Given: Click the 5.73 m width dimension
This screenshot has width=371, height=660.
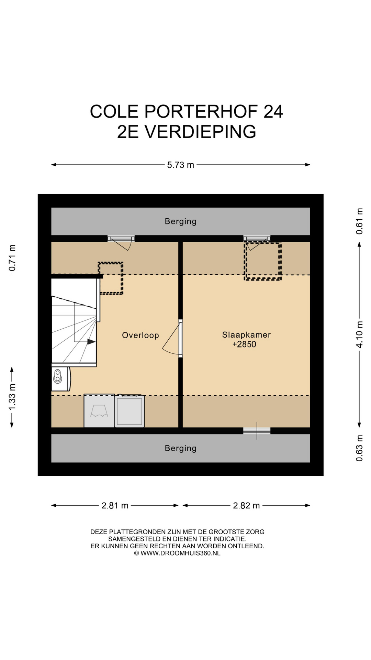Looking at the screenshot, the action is tap(181, 165).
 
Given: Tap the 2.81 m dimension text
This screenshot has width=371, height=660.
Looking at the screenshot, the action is tap(115, 506).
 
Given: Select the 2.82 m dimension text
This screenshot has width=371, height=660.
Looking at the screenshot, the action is tap(246, 506).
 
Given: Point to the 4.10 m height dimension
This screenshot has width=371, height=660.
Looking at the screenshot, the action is tap(359, 334).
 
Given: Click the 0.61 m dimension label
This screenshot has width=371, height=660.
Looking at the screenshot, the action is tap(359, 221).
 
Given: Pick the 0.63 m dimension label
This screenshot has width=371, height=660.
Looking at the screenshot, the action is tap(359, 448).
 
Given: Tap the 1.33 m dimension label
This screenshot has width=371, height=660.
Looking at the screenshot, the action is tap(12, 397).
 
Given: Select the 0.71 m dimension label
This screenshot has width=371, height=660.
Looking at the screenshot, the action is tap(12, 258).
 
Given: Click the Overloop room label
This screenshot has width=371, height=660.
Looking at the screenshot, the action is tap(140, 335).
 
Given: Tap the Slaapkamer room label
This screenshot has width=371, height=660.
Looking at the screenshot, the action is tap(246, 334).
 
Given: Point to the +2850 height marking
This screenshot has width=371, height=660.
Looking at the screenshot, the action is tap(244, 344).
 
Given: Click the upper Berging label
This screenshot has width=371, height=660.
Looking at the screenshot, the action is tap(181, 221).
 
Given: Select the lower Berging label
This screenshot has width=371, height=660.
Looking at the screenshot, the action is tap(181, 448).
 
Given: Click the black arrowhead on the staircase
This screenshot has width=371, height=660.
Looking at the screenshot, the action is tap(91, 342).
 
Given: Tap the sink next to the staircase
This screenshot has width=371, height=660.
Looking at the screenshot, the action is tap(60, 379).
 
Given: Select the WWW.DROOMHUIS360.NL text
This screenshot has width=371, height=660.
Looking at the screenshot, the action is tap(180, 553).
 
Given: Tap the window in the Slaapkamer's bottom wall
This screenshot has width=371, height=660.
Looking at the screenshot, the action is tap(257, 431).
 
